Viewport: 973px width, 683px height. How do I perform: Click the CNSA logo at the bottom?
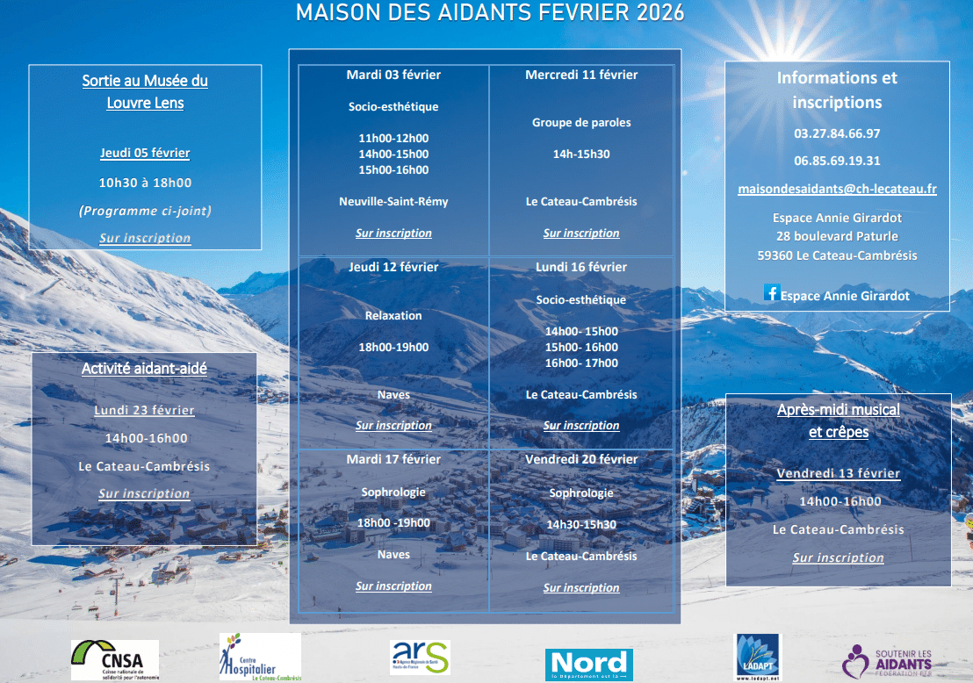[115, 660]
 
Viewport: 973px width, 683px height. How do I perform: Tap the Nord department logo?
[589, 665]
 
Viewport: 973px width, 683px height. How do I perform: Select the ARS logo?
[420, 658]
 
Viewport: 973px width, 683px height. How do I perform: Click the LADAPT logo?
[758, 658]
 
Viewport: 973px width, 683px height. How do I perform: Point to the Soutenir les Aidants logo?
[887, 662]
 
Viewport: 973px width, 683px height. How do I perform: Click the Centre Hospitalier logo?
[260, 657]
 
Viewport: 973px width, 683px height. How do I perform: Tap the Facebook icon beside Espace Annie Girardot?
[771, 293]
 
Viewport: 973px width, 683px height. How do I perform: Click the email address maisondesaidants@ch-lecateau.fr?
[837, 189]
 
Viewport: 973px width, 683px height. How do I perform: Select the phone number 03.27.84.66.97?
[837, 133]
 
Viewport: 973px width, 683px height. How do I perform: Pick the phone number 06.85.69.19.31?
[837, 161]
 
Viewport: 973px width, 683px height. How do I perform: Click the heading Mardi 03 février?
[393, 75]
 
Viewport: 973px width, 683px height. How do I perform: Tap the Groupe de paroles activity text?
[581, 123]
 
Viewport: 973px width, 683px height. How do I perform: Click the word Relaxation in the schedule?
[393, 316]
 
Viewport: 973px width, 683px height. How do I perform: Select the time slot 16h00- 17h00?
[581, 363]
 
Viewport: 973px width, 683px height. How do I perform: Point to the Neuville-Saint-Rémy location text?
[393, 202]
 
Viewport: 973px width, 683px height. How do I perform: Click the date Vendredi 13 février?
[839, 473]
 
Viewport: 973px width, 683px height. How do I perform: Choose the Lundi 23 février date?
[145, 410]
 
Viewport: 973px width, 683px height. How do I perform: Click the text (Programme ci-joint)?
[145, 211]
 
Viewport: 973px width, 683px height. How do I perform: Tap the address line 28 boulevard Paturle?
[837, 236]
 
